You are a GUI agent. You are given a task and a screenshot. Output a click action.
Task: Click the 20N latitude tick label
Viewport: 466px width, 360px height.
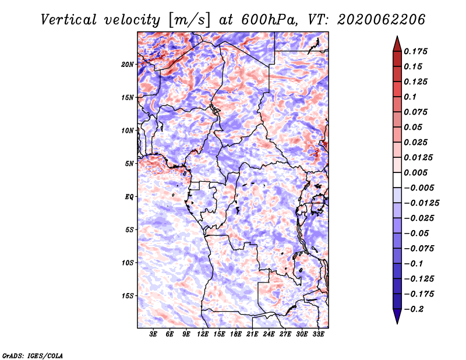128,65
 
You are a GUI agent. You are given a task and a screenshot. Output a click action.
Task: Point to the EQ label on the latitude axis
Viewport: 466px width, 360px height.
129,197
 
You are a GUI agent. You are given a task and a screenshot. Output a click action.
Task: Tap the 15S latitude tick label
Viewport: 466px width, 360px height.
128,296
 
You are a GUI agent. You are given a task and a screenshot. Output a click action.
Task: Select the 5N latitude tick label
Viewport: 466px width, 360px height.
129,164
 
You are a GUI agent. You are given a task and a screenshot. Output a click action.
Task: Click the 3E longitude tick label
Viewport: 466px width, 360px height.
153,334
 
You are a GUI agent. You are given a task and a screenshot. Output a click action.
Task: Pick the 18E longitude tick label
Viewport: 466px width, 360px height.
236,334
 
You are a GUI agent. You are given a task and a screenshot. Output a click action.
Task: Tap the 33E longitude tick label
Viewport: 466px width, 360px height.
318,334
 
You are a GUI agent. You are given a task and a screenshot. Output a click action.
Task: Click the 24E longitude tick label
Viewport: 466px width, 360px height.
269,334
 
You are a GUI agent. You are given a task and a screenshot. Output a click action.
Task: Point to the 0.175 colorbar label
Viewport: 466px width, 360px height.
416,51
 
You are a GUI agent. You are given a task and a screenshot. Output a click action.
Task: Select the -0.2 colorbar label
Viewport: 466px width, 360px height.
414,309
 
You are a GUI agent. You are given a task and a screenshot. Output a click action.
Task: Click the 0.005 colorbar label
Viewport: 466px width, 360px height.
416,172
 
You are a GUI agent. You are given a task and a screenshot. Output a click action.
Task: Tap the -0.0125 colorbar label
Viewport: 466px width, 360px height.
421,203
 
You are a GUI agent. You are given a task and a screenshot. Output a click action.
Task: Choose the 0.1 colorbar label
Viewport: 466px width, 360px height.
410,97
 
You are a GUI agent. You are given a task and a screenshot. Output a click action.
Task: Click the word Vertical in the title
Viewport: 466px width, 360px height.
69,20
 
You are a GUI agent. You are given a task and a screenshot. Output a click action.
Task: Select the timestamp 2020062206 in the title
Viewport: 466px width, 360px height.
382,20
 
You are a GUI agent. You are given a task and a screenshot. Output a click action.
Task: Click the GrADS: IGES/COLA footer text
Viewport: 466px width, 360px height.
33,356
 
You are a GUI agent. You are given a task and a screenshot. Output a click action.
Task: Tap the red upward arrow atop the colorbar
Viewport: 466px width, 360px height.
397,45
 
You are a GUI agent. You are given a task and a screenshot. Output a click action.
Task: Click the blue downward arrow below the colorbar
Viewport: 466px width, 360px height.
397,316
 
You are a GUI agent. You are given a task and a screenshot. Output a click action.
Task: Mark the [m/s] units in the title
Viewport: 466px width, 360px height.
189,20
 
